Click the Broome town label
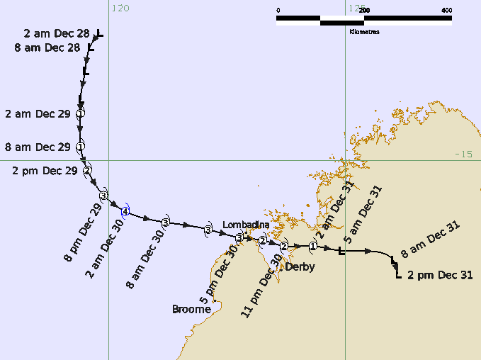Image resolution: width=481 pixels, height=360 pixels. click(191, 310)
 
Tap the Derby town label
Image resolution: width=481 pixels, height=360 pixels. click(300, 267)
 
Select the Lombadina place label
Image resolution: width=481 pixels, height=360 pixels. click(246, 225)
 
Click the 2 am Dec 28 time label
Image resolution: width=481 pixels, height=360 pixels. click(57, 33)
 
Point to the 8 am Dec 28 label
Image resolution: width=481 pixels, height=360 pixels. click(47, 48)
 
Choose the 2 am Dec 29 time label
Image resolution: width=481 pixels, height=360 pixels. click(38, 113)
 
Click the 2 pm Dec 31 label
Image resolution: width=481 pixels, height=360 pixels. click(441, 274)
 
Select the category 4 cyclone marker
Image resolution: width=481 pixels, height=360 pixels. click(125, 212)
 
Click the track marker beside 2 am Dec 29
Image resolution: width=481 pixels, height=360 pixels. click(81, 113)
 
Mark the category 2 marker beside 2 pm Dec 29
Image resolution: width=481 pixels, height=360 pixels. click(88, 170)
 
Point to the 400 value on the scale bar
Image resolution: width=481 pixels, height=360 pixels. click(446, 10)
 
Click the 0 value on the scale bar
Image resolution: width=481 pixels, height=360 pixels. click(278, 10)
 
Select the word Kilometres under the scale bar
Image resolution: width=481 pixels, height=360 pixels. click(364, 32)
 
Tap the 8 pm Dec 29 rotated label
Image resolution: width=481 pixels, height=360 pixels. click(83, 233)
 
